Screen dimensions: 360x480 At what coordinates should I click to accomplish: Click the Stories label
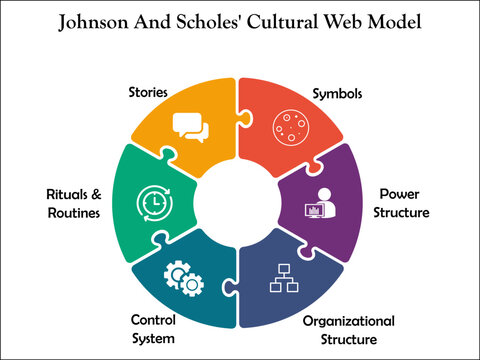[147, 93]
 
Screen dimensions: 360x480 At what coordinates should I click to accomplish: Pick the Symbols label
[339, 93]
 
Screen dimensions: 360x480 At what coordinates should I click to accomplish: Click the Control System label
[154, 327]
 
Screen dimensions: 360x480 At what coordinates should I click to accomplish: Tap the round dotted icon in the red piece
[293, 128]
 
